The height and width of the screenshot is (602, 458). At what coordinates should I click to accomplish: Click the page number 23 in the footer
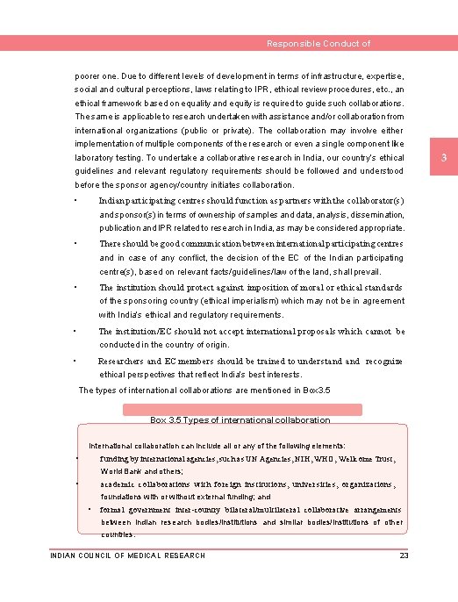pyautogui.click(x=404, y=555)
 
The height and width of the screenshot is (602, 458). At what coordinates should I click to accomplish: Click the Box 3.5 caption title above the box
pyautogui.click(x=240, y=420)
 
